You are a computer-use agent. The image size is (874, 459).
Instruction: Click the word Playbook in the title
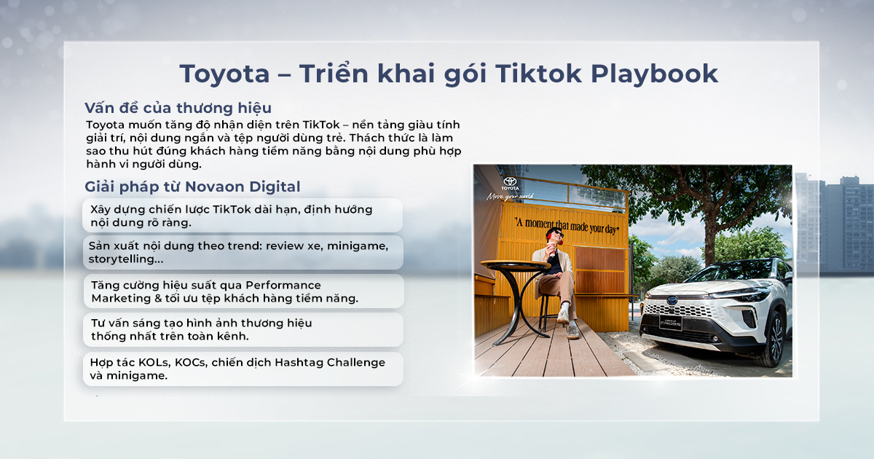tap(654, 74)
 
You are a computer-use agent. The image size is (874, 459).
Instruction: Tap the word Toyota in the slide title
tap(224, 74)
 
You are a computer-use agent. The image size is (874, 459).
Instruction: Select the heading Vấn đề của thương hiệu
tap(178, 108)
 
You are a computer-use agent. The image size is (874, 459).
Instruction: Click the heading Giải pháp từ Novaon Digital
tap(192, 187)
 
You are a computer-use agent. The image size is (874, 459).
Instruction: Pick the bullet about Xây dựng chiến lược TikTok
tap(243, 216)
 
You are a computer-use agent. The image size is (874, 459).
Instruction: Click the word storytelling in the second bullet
tap(125, 259)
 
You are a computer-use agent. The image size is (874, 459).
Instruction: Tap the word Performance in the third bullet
tap(283, 285)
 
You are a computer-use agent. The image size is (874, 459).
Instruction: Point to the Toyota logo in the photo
tap(510, 184)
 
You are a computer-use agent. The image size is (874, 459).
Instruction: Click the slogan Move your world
tap(510, 196)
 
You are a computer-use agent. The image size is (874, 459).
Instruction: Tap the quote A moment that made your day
tap(567, 226)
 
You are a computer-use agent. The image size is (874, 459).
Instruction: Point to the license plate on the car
tap(670, 323)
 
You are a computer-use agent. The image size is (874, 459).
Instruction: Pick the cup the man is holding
tap(551, 248)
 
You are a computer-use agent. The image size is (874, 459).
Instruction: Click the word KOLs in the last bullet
tap(150, 363)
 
